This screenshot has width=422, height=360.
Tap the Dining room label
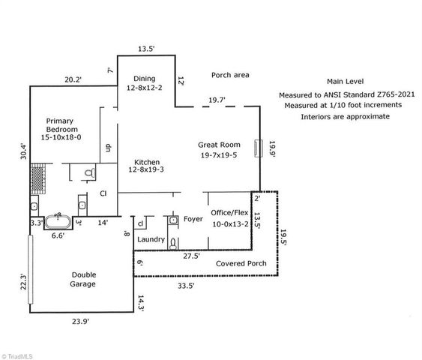144,84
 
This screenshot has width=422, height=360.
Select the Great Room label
218,150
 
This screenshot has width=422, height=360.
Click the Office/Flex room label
229,218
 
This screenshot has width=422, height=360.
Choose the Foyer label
193,220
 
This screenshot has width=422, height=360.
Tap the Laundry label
151,239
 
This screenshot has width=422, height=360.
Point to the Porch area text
230,75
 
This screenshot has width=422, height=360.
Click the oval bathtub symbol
58,222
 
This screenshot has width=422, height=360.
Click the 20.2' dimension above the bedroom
73,79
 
